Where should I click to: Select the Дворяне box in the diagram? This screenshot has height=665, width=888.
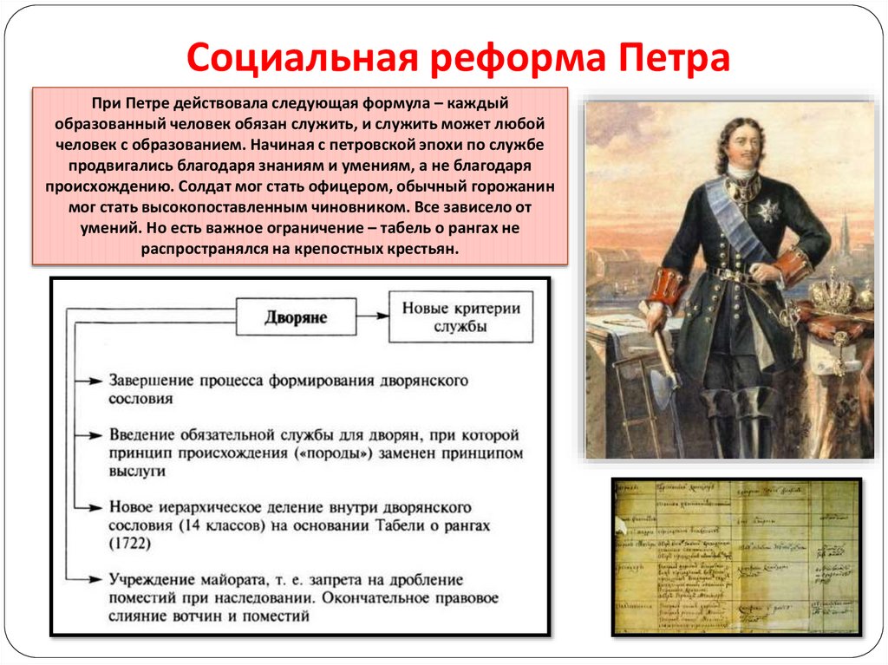295,317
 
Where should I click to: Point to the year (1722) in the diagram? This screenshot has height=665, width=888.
130,544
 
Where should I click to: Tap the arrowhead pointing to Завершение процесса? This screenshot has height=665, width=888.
100,381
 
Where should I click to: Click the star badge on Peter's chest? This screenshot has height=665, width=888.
770,212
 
